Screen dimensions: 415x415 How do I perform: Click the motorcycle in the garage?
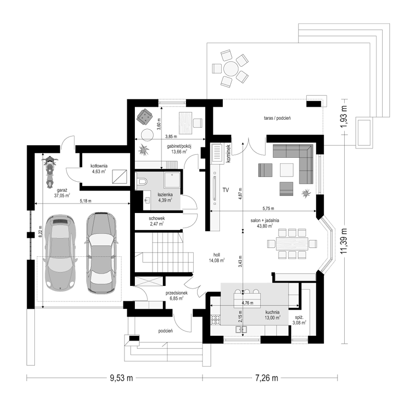(49, 172)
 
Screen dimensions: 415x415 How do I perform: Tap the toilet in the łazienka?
(142, 182)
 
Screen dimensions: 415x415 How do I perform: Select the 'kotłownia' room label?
(99, 166)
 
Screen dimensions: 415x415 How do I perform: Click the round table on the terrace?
(231, 69)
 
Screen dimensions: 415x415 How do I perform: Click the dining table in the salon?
(292, 244)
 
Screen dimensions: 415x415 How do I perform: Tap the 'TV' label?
(225, 190)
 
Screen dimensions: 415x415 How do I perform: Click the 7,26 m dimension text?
(267, 378)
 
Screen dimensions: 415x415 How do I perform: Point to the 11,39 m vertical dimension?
(344, 241)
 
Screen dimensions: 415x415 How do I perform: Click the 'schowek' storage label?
(157, 218)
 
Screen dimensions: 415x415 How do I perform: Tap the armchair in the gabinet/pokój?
(144, 116)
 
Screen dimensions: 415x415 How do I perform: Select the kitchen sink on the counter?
(241, 329)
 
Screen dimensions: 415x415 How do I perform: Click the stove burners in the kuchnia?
(216, 320)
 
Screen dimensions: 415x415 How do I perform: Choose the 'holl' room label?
(217, 255)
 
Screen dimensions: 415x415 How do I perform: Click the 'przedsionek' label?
(177, 293)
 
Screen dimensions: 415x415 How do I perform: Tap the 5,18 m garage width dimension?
(85, 201)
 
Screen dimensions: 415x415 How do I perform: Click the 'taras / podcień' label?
(277, 118)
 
